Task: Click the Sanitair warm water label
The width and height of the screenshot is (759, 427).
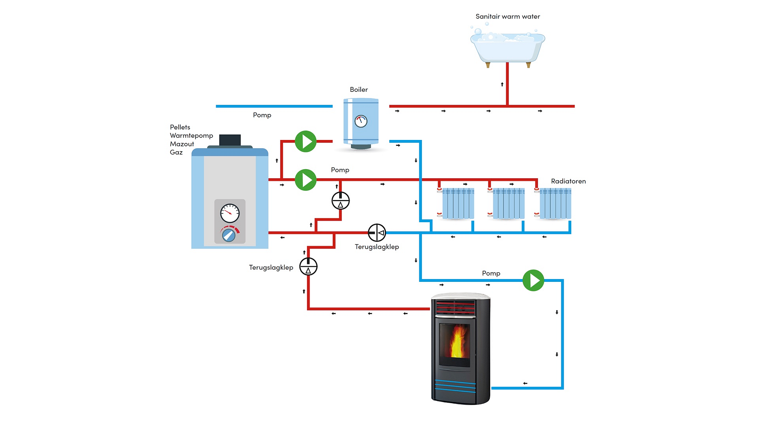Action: [508, 17]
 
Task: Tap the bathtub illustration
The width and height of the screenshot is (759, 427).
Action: [508, 47]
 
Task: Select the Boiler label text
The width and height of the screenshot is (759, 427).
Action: [359, 90]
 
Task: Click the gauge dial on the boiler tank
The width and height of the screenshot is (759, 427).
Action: [361, 121]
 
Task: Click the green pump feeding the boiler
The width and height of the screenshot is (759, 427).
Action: [306, 141]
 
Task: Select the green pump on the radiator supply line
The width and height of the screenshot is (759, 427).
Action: [306, 180]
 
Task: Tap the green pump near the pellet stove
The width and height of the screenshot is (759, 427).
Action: [533, 280]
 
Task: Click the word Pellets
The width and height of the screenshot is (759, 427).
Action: [180, 127]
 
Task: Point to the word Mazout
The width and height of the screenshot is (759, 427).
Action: [182, 144]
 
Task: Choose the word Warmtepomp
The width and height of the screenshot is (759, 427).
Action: [191, 136]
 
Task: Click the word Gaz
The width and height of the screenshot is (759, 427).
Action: [176, 152]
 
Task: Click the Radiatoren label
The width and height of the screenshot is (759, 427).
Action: [568, 181]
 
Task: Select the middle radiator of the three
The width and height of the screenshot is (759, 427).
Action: [507, 203]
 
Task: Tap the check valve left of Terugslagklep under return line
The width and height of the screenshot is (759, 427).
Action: [377, 233]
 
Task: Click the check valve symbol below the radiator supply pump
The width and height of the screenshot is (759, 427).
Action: [341, 200]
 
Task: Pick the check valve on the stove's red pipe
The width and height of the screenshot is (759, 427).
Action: [308, 267]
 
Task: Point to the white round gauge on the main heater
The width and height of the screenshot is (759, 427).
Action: [230, 213]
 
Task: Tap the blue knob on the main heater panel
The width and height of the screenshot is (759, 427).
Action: [229, 235]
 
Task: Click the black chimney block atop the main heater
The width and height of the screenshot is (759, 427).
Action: [230, 140]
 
